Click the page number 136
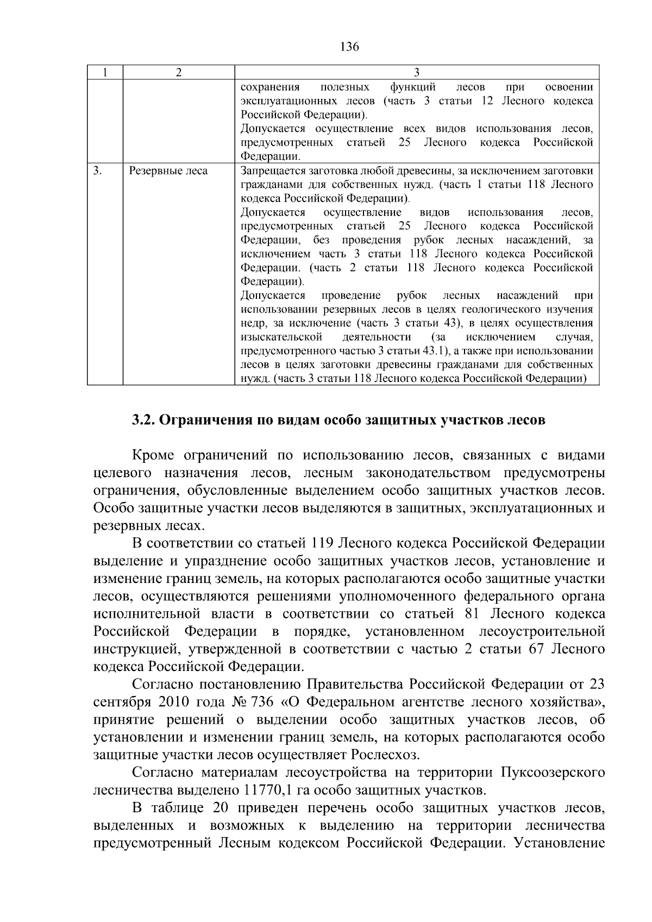pos(349,47)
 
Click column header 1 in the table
pos(105,73)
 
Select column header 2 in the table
pos(178,73)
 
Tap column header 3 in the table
pos(416,73)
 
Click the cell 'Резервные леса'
pos(168,171)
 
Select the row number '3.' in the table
pos(97,171)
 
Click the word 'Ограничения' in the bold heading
pos(206,421)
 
